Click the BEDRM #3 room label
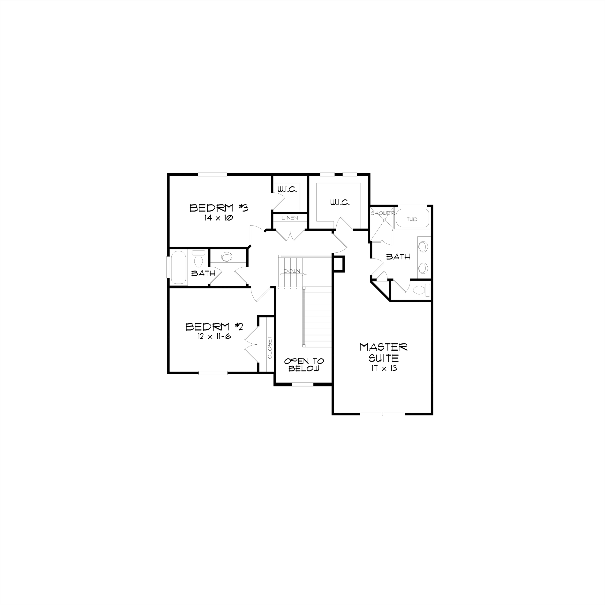click(219, 208)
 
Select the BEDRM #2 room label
click(214, 327)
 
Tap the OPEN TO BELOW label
click(304, 365)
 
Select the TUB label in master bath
click(412, 219)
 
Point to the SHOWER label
click(382, 213)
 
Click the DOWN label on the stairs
click(292, 271)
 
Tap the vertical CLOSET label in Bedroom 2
click(270, 348)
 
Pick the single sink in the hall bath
click(227, 257)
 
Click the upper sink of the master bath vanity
click(423, 246)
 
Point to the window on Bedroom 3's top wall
click(212, 175)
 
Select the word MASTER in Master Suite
click(384, 347)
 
